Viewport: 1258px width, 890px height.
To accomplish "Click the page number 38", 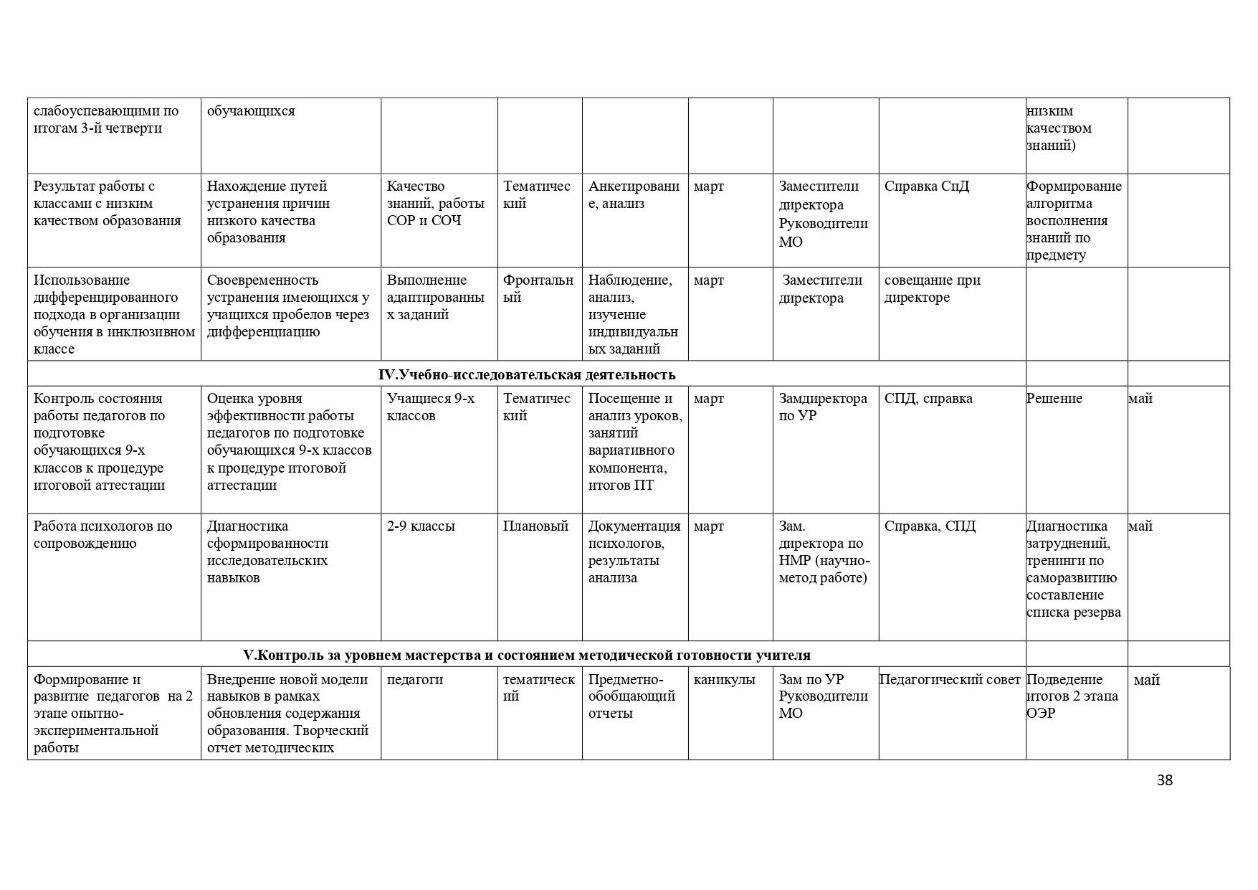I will (1164, 780).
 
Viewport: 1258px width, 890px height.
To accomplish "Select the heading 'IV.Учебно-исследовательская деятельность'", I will (526, 374).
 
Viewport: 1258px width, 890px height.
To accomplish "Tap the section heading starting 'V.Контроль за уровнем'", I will (526, 655).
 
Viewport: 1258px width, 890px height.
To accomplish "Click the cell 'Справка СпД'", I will (926, 186).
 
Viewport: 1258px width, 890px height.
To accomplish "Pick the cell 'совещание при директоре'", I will (932, 288).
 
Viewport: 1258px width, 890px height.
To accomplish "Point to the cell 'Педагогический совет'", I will (949, 680).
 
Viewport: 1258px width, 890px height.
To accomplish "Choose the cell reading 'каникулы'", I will (724, 680).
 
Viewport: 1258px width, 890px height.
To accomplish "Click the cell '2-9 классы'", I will (421, 526).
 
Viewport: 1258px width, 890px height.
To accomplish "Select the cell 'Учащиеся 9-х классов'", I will (430, 407).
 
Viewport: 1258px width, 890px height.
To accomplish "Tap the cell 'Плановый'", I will (535, 526).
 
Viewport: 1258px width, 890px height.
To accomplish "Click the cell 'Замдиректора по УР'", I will (823, 407).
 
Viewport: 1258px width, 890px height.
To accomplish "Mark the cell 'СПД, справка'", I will (928, 399).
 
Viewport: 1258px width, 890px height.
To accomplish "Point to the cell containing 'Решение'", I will (1054, 399).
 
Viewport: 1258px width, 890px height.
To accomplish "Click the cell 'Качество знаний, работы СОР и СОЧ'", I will (435, 204).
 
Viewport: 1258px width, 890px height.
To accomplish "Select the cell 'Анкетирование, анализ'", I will (634, 195).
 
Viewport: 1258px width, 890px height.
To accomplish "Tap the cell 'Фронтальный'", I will (538, 288).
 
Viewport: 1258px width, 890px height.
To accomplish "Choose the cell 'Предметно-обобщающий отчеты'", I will (632, 696).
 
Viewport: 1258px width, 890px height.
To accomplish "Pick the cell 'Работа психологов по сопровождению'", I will (103, 534).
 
